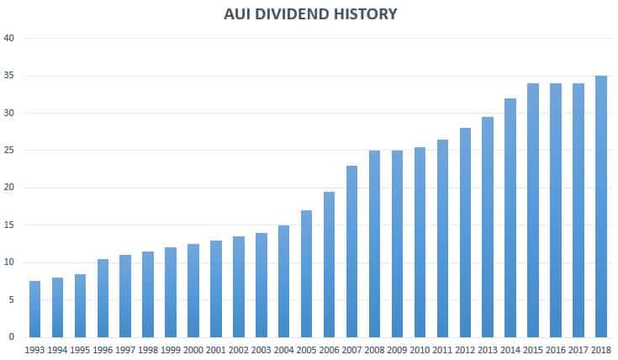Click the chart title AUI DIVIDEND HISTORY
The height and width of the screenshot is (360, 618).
(x=310, y=14)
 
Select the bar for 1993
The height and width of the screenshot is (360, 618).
(x=34, y=309)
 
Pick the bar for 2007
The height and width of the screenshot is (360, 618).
(x=351, y=251)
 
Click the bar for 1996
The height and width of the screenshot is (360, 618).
(x=103, y=298)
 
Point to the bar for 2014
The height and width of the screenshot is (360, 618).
(x=510, y=218)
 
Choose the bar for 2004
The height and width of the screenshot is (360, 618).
(x=283, y=281)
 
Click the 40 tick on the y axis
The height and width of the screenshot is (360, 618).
(x=9, y=39)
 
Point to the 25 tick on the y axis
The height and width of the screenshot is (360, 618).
(x=9, y=151)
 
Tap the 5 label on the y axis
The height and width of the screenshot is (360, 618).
(x=11, y=299)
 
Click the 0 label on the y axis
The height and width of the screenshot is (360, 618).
(x=11, y=337)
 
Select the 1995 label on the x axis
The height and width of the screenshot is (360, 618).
(x=80, y=350)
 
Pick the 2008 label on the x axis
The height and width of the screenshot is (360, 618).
(x=374, y=350)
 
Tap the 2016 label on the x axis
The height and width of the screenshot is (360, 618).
(x=555, y=350)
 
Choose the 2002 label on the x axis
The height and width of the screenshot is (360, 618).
(x=238, y=350)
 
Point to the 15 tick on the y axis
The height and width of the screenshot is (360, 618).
(x=9, y=225)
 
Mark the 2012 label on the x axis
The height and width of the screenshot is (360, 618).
(x=465, y=350)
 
